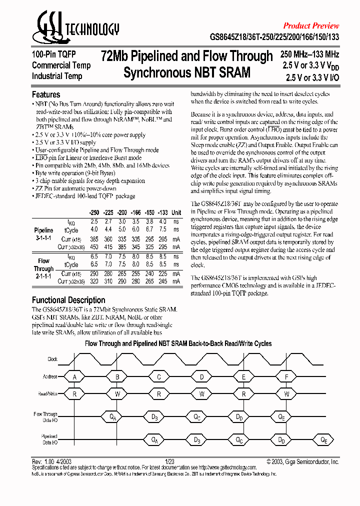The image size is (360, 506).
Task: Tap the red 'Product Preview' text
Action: [311, 25]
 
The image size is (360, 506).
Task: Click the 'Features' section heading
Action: [46, 94]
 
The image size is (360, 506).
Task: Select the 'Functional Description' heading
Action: [68, 300]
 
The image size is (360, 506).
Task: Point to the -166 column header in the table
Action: [136, 212]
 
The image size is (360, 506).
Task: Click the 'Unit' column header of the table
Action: [176, 212]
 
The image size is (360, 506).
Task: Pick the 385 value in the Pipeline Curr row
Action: [94, 239]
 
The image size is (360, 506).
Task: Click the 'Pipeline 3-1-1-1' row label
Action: [43, 233]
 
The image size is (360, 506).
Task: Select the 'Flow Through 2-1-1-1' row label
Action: [43, 268]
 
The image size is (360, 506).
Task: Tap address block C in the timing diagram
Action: [159, 376]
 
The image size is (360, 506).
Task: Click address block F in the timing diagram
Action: [286, 376]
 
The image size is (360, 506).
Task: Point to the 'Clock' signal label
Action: [52, 359]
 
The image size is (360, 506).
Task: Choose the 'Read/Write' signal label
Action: [48, 394]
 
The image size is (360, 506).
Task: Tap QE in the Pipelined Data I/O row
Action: [324, 440]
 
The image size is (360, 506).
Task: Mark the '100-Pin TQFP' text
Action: [53, 55]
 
